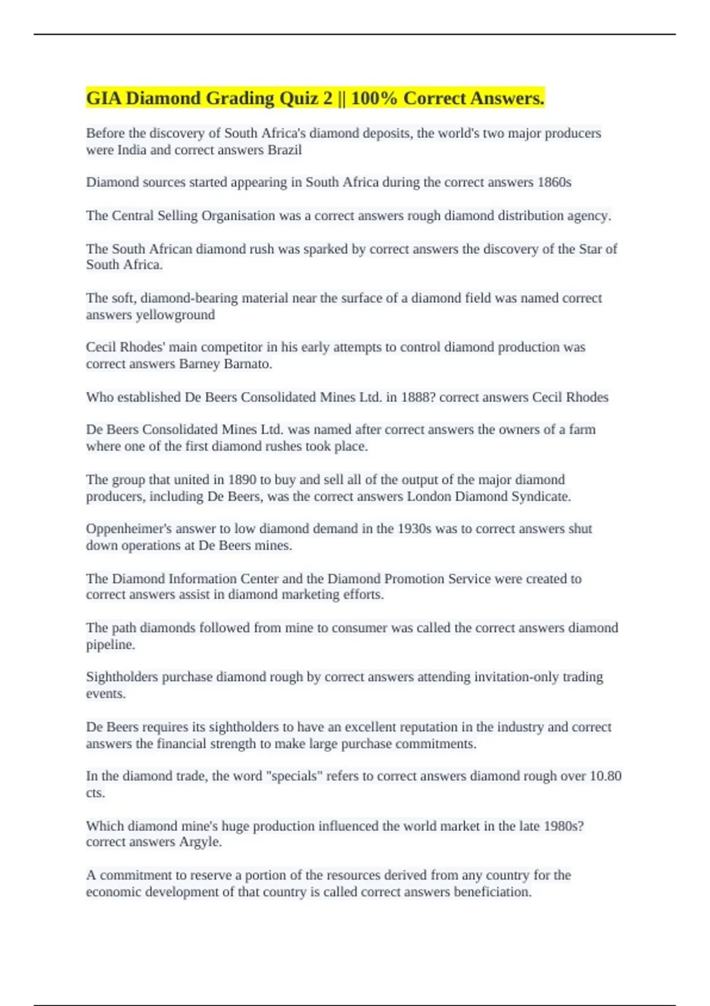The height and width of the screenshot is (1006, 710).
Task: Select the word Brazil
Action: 285,150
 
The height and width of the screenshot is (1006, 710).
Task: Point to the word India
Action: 132,150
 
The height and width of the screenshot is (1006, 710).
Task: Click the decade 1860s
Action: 554,182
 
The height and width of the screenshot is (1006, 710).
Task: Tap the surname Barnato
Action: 248,364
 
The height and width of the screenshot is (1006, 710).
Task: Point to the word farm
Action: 582,430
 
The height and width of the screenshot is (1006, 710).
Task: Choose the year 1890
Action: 242,479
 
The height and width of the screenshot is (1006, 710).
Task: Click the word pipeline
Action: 111,645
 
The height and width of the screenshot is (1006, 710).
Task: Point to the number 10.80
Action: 605,776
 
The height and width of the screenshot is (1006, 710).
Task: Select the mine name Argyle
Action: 201,842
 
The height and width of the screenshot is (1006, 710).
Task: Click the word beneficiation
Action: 492,892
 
